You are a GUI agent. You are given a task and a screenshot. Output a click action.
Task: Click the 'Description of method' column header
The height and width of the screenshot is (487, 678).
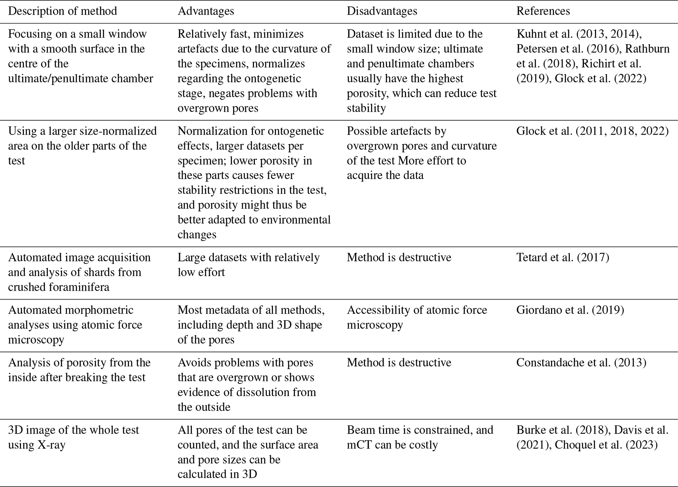point(62,11)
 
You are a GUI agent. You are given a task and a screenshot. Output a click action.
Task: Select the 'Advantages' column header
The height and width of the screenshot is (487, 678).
point(206,11)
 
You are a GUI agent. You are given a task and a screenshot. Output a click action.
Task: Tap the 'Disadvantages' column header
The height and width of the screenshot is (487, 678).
point(382,11)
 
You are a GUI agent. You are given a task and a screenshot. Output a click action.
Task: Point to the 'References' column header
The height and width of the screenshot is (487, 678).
point(543,11)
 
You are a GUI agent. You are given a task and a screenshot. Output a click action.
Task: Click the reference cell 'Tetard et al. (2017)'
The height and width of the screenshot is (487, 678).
point(563,257)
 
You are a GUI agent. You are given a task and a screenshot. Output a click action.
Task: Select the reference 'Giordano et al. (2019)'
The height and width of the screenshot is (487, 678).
point(570,310)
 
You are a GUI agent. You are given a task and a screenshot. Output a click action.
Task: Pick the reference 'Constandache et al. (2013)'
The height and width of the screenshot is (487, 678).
point(581,363)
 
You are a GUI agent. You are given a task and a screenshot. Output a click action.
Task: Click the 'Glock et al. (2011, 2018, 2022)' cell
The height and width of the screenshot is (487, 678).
point(592,131)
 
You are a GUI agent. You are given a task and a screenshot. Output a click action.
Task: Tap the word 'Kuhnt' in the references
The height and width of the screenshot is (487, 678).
point(532,34)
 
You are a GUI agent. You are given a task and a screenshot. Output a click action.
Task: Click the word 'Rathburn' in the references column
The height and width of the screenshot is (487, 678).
point(647,49)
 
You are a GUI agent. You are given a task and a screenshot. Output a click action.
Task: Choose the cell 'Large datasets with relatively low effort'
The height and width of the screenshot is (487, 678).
point(248,265)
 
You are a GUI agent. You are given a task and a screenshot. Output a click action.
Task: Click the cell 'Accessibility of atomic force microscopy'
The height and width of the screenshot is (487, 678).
point(417,317)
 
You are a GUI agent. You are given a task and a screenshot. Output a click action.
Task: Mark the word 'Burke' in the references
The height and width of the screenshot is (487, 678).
point(531,430)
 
